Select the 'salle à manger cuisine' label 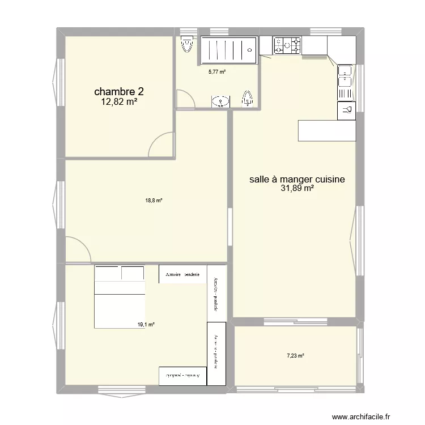pyautogui.click(x=297, y=179)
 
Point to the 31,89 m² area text pyautogui.click(x=297, y=189)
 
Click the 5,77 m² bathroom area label pyautogui.click(x=216, y=72)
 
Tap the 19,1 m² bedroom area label pyautogui.click(x=146, y=325)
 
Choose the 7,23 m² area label pyautogui.click(x=295, y=356)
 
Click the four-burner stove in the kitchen pyautogui.click(x=287, y=45)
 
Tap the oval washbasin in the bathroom pyautogui.click(x=220, y=101)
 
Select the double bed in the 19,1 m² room pyautogui.click(x=119, y=296)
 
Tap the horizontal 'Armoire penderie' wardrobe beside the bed pyautogui.click(x=182, y=274)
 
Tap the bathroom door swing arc pyautogui.click(x=185, y=99)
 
